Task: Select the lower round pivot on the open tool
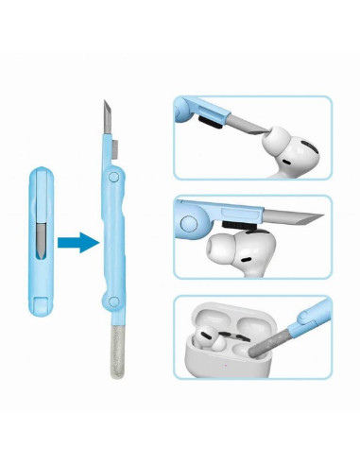point(112,302)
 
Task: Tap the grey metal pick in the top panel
point(274,122)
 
